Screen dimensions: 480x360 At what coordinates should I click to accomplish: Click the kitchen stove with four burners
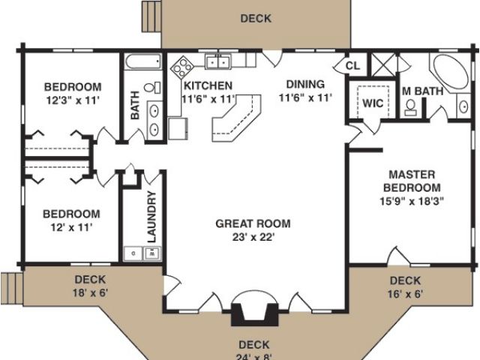point(181,67)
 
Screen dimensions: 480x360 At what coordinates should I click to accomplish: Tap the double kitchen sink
point(217,61)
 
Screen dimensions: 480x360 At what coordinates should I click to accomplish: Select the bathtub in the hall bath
point(143,61)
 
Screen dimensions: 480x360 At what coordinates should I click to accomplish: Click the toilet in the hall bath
point(152,87)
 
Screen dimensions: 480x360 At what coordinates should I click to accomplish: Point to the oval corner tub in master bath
point(450,72)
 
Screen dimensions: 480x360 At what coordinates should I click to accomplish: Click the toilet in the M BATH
point(410,108)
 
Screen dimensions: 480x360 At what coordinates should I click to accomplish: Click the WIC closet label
point(373,103)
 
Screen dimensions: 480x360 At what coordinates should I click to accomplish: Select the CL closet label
point(352,65)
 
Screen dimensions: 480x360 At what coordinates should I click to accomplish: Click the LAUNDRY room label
point(151,217)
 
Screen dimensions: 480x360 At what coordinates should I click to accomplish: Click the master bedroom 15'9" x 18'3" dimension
point(412,201)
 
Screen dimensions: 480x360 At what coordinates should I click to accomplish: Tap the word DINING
point(305,84)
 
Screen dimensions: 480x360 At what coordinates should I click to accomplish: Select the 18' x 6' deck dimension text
point(90,292)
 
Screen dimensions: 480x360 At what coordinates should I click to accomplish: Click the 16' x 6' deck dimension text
point(405,294)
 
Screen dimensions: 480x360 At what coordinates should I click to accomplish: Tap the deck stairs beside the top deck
point(151,16)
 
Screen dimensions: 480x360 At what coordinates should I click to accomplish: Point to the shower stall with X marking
point(383,65)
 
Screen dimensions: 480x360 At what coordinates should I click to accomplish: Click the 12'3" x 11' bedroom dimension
point(73,100)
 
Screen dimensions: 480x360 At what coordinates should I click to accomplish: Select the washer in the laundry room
point(152,253)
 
